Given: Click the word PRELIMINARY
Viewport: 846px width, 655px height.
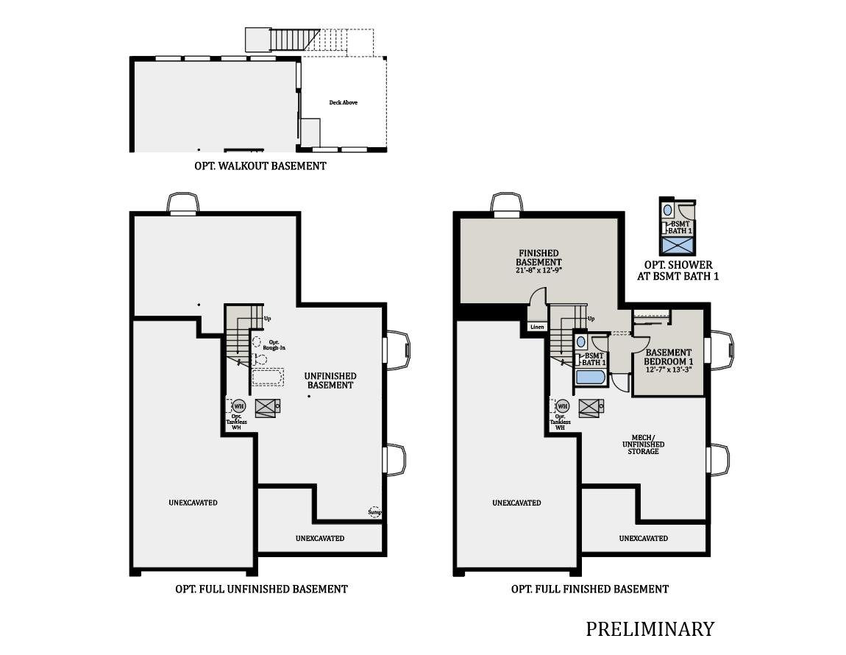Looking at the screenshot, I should [650, 629].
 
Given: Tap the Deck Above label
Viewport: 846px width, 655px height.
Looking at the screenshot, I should [343, 102].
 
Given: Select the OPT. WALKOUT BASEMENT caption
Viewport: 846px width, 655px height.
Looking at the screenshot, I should [260, 166].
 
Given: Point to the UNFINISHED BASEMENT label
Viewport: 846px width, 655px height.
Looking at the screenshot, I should [330, 380].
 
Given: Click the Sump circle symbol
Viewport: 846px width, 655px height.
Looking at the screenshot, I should [375, 511].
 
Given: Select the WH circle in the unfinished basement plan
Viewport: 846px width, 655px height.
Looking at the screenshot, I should [238, 406].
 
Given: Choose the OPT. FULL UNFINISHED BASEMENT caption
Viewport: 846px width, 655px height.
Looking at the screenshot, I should [261, 589].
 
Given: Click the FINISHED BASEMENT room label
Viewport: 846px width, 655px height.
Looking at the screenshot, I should [538, 258].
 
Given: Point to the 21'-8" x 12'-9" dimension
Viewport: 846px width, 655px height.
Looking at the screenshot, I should [538, 271].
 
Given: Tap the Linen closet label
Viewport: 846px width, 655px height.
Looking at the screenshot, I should [537, 327].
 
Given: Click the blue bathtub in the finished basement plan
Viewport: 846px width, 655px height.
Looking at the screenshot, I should [591, 378].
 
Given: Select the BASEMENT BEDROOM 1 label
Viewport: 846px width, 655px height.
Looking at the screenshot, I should [668, 357].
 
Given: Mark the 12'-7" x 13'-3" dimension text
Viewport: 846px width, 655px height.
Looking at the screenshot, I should [668, 369].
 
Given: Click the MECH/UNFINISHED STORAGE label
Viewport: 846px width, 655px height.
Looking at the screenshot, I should [643, 445].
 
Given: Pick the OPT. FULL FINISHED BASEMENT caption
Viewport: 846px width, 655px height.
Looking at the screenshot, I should [590, 589].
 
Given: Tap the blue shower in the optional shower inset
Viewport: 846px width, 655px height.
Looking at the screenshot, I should [678, 246].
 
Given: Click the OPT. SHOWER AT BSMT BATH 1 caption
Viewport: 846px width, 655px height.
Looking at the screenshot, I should [678, 271].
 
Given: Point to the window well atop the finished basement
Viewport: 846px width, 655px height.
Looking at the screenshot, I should [506, 203].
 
